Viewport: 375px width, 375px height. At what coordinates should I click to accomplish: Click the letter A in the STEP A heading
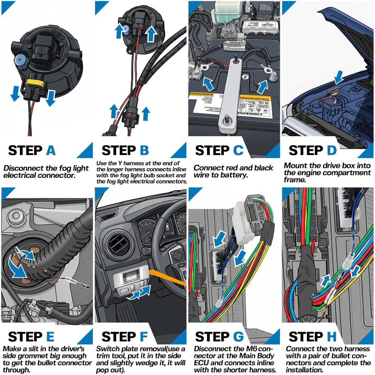coord(51,150)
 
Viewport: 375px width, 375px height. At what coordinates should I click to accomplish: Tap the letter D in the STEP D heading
coord(331,150)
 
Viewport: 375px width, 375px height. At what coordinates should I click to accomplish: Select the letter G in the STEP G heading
coord(238,336)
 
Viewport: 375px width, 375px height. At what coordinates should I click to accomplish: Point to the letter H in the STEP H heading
coord(332,336)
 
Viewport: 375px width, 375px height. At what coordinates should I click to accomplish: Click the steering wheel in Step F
coord(166,241)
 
